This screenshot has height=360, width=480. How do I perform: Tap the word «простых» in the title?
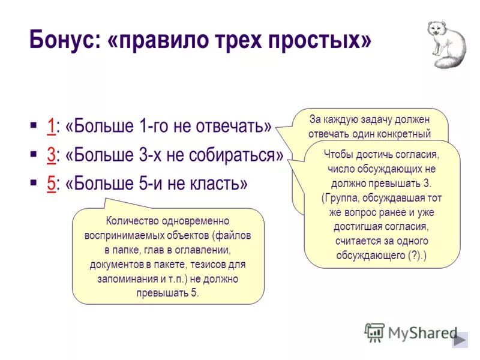coord(321,41)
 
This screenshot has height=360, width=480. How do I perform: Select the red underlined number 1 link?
coord(51,127)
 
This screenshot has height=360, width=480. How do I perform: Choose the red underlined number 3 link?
coord(51,155)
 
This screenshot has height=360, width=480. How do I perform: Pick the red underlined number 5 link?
coord(51,183)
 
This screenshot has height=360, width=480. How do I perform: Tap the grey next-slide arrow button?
coord(460,340)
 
